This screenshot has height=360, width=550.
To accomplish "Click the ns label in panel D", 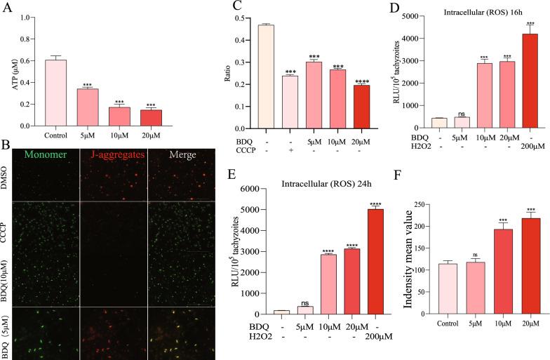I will click(x=442, y=113).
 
